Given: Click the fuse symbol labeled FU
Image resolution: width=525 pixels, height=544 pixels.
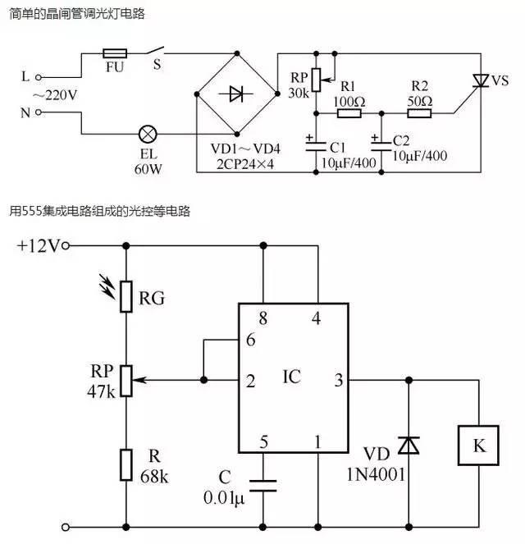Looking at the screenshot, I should click(x=115, y=52).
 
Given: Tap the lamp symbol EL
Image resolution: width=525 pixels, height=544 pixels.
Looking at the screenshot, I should click(x=149, y=133).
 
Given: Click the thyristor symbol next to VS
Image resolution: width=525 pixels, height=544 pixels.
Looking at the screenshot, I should click(x=478, y=80).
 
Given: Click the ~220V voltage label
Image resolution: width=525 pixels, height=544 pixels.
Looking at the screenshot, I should click(x=54, y=95).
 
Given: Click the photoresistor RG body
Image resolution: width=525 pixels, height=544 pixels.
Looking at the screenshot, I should click(x=126, y=296).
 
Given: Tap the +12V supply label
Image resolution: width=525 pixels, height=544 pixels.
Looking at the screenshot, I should click(x=38, y=245).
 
